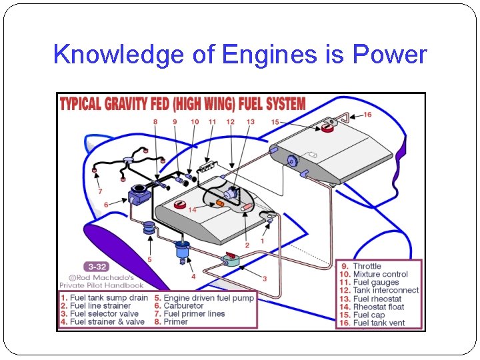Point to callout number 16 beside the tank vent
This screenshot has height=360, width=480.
(x=367, y=115)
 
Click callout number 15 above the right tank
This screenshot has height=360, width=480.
(x=275, y=122)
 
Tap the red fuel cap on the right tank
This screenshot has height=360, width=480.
(x=327, y=127)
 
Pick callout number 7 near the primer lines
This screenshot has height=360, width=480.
(x=100, y=192)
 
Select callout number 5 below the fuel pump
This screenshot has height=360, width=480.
(x=149, y=260)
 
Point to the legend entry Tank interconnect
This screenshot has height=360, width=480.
(x=385, y=290)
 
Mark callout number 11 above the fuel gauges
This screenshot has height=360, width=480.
(x=212, y=122)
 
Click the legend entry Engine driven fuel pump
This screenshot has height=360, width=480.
(x=209, y=298)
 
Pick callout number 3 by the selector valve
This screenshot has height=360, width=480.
(x=264, y=279)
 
